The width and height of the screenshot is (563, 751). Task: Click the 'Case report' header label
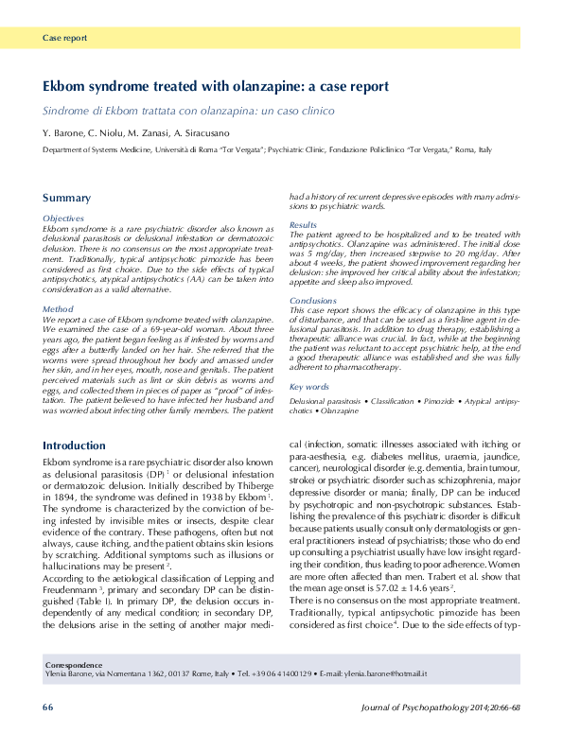pos(64,39)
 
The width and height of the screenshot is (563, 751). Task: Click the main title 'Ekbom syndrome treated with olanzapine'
pos(216,86)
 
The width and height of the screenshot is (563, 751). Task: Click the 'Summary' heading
pos(66,198)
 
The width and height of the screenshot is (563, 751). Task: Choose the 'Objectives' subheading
pos(63,218)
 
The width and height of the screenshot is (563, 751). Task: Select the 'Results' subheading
pos(303,225)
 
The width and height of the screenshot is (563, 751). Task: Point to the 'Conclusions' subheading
pos(312,301)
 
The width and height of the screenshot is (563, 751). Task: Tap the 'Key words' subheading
pos(309,388)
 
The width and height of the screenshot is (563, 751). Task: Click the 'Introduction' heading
pos(74,445)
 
